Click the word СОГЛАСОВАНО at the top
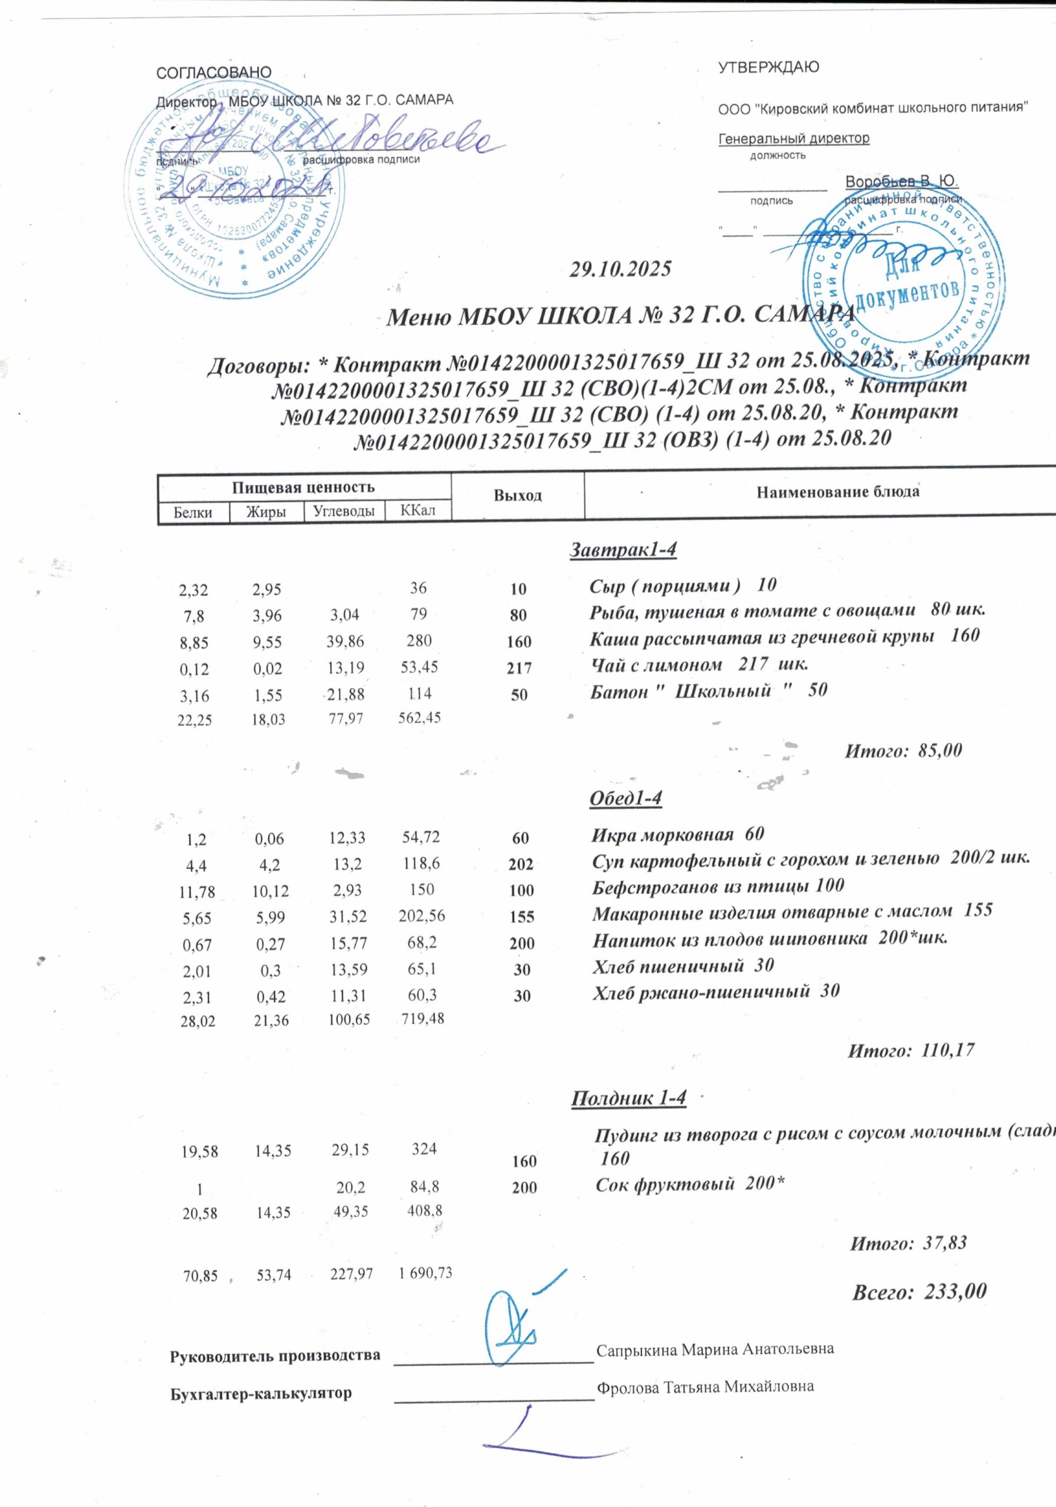click(x=214, y=72)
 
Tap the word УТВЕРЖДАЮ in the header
click(x=769, y=67)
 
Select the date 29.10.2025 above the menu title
click(x=621, y=269)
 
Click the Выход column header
click(x=518, y=496)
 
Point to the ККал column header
click(x=418, y=510)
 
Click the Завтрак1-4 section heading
click(x=622, y=549)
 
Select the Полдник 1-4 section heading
click(x=629, y=1098)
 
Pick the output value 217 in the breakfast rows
click(x=519, y=668)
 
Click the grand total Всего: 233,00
click(x=919, y=1292)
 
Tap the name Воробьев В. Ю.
click(x=901, y=181)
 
